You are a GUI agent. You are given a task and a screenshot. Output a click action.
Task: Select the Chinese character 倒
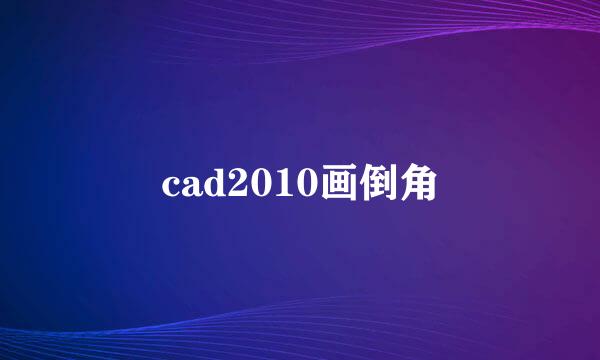click(x=378, y=184)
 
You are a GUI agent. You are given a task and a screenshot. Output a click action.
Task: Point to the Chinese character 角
click(x=417, y=184)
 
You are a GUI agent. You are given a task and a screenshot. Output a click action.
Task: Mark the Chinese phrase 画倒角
click(x=378, y=184)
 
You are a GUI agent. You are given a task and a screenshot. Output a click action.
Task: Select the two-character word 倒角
click(x=398, y=184)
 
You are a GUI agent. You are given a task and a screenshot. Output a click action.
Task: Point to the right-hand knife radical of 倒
click(x=393, y=184)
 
